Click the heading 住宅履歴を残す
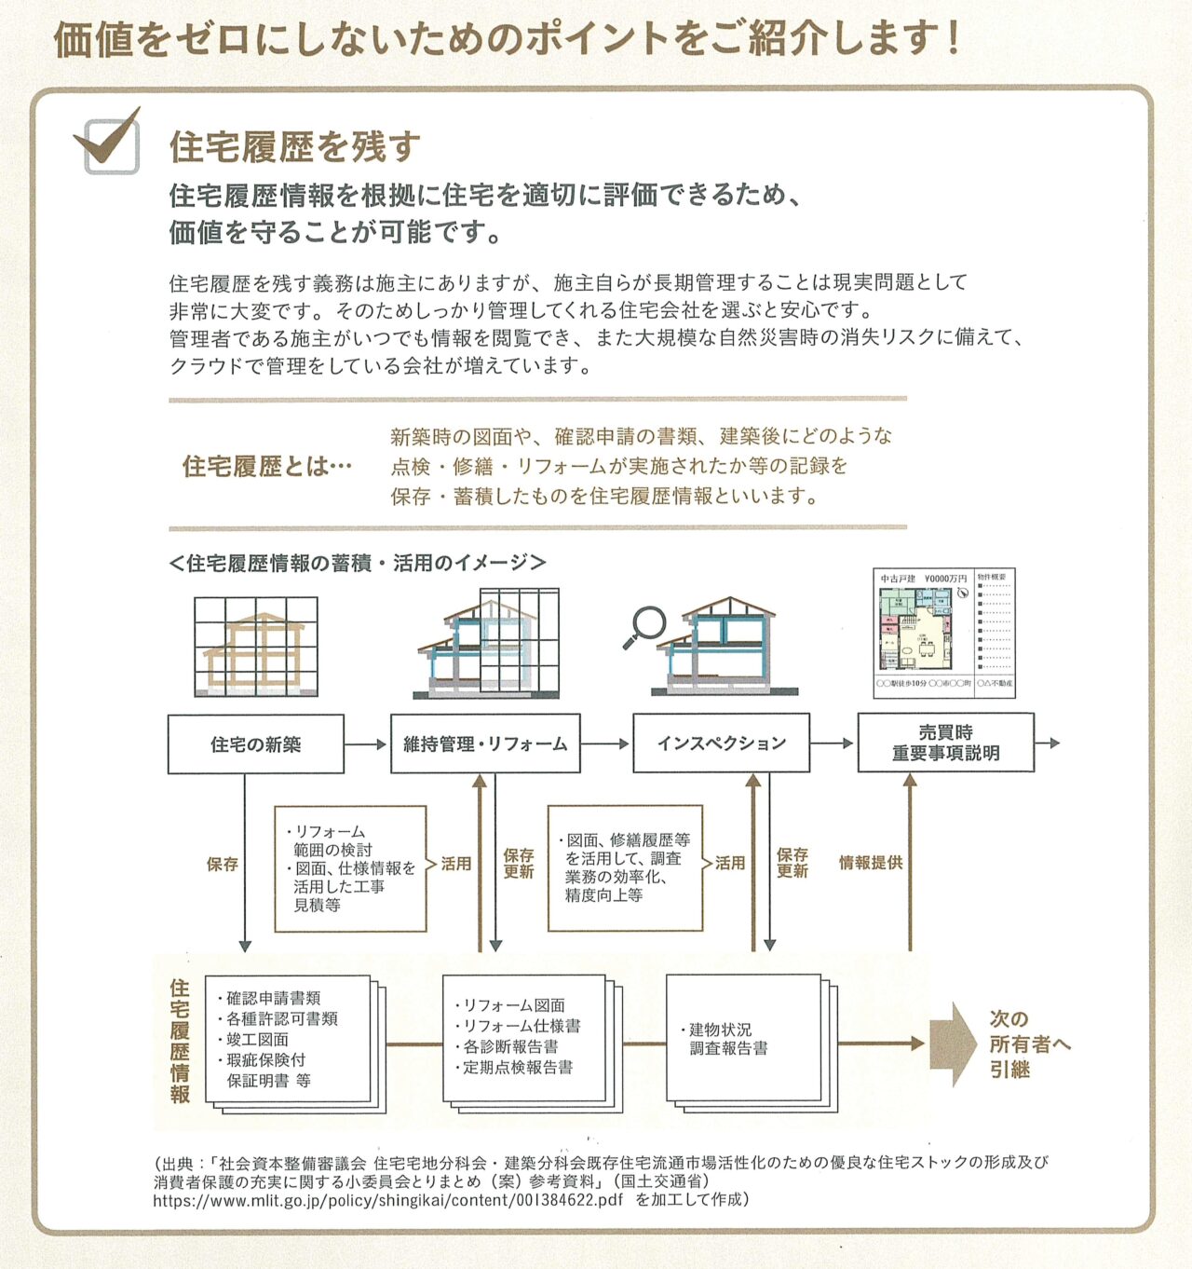295,146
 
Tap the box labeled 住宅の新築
255,744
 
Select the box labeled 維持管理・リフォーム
485,744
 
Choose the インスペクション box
721,743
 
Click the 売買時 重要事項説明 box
945,743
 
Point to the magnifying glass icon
644,626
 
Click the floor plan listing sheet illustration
943,633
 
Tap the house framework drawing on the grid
255,646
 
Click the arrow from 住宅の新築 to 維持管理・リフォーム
366,744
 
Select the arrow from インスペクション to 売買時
833,743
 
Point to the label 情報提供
870,863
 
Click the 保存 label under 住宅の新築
222,864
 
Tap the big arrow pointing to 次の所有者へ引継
952,1044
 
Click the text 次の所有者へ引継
1028,1044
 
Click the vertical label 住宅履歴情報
180,1041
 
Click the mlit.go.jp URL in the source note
388,1200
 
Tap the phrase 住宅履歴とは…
267,465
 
